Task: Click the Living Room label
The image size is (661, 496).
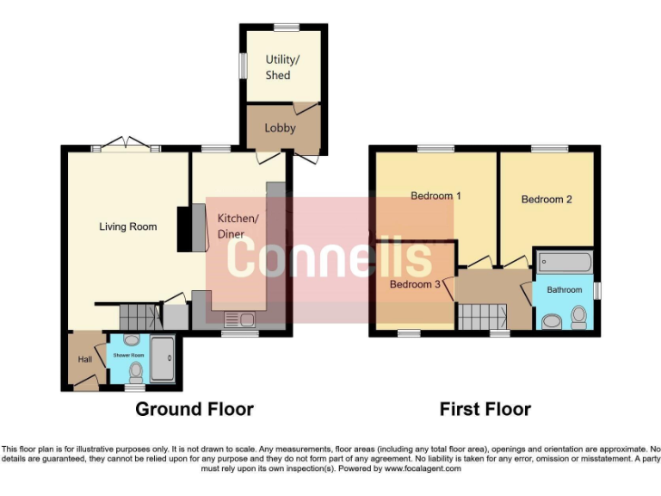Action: pyautogui.click(x=127, y=226)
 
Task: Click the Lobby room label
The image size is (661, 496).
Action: pyautogui.click(x=280, y=128)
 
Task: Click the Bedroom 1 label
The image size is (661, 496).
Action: pyautogui.click(x=436, y=195)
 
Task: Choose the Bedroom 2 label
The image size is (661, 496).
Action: pyautogui.click(x=547, y=199)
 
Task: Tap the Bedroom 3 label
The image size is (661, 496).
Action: pyautogui.click(x=415, y=284)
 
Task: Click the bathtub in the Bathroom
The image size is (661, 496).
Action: pyautogui.click(x=565, y=260)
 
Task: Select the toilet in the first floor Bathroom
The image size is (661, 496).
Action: pyautogui.click(x=578, y=318)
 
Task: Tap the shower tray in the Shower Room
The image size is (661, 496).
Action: pyautogui.click(x=162, y=358)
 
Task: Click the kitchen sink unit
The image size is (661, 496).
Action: pyautogui.click(x=239, y=319)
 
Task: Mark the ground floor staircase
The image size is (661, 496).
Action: pyautogui.click(x=140, y=315)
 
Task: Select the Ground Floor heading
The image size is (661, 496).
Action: pyautogui.click(x=195, y=409)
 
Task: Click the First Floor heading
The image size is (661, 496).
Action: pyautogui.click(x=485, y=409)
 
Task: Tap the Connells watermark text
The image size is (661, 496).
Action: pyautogui.click(x=330, y=257)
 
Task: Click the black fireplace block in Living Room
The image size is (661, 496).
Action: pyautogui.click(x=185, y=229)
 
